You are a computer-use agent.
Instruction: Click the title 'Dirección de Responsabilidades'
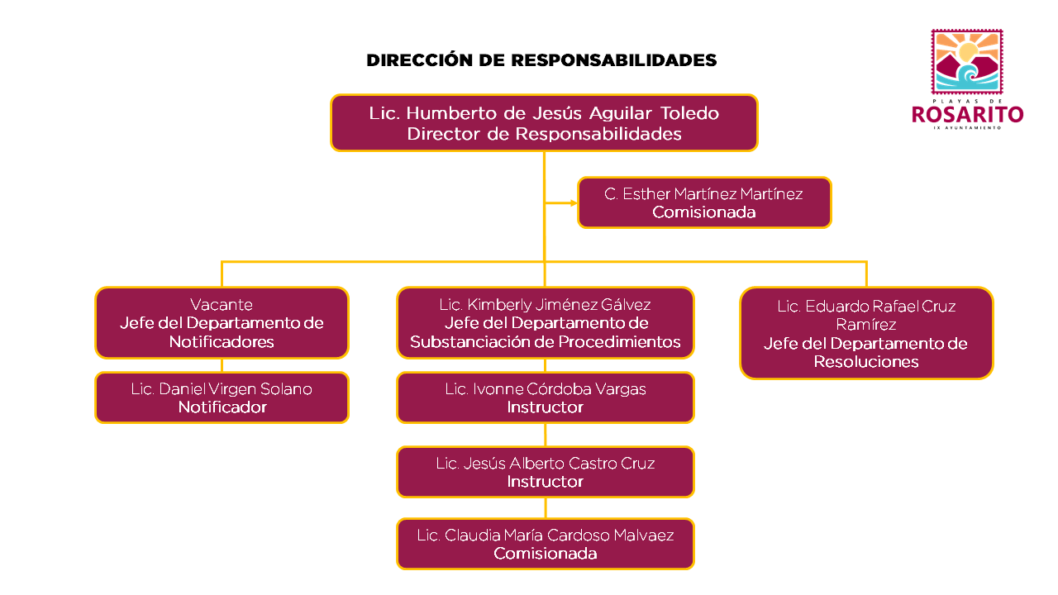coord(541,60)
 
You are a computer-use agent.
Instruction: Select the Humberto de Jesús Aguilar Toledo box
coord(544,123)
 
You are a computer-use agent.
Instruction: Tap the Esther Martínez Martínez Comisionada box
coord(703,202)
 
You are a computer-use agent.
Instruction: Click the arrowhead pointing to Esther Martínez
coord(574,203)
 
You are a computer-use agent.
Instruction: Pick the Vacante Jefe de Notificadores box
coord(222,322)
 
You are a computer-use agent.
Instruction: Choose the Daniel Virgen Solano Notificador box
coord(222,397)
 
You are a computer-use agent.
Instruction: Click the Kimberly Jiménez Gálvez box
coord(545,322)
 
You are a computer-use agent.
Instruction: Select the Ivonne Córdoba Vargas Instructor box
coord(545,397)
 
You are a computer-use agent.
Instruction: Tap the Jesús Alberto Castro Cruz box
coord(545,472)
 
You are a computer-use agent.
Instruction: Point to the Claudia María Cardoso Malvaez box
coord(545,544)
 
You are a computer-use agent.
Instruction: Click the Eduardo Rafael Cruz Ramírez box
coord(866,333)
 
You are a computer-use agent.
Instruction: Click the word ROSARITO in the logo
coord(967,115)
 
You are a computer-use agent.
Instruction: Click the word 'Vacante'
coord(222,305)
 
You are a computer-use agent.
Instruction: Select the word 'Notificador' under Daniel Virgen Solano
coord(222,407)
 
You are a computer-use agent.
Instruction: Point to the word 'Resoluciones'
coord(866,362)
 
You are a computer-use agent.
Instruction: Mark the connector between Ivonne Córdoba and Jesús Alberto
coord(545,435)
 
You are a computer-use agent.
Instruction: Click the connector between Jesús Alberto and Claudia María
coord(545,508)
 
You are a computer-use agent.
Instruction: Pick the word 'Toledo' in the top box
coord(689,113)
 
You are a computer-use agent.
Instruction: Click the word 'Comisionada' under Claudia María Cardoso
coord(545,554)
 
